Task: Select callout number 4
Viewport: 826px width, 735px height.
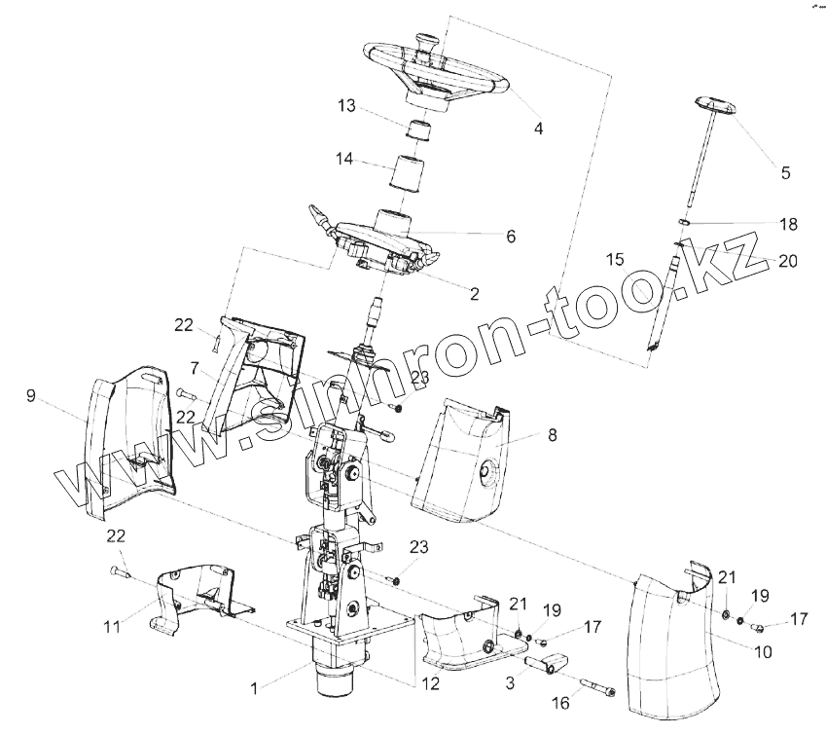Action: click(x=538, y=128)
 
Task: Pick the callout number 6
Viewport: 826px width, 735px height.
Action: click(x=510, y=236)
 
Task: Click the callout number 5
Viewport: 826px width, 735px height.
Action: click(x=785, y=174)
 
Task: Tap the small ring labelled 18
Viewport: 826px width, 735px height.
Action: click(x=684, y=223)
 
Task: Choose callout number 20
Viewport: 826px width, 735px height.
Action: click(x=788, y=260)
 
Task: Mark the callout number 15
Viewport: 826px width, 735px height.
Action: click(x=614, y=260)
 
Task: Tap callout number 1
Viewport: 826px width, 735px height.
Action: click(x=255, y=688)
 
